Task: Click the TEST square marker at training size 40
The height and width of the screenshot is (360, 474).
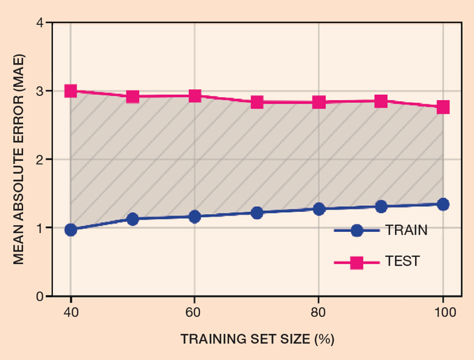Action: (x=71, y=91)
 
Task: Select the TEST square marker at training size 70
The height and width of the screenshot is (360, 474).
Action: (x=257, y=102)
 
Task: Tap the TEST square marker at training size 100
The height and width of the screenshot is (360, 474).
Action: (x=443, y=107)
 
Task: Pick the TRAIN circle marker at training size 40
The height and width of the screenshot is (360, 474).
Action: (x=71, y=230)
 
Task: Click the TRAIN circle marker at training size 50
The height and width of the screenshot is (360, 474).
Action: (x=133, y=219)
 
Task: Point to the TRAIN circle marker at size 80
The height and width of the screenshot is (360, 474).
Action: (x=319, y=209)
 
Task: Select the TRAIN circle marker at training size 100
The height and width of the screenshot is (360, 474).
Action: (x=443, y=204)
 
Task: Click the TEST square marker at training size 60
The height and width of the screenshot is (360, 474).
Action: (x=195, y=96)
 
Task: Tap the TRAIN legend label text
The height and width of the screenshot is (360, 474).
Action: (x=406, y=230)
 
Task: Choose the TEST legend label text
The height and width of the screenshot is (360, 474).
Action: (x=402, y=261)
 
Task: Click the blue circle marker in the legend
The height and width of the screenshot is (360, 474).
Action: (x=356, y=230)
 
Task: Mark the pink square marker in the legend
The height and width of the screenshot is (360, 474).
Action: (x=356, y=262)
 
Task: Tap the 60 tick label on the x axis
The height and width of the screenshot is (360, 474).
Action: (x=194, y=312)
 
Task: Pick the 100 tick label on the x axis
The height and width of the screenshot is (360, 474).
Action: (x=443, y=312)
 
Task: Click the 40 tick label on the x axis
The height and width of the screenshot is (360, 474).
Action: (x=71, y=312)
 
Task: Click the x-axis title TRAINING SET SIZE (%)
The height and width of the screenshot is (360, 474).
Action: (x=257, y=339)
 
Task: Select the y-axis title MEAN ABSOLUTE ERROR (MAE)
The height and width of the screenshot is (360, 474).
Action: (x=18, y=159)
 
